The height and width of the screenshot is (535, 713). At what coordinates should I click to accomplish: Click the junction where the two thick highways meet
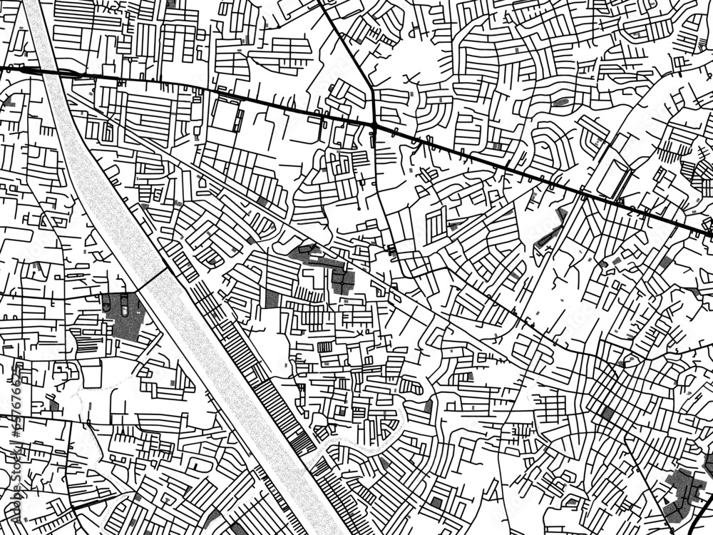[374, 126]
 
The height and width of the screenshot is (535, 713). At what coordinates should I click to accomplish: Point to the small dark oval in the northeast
[560, 102]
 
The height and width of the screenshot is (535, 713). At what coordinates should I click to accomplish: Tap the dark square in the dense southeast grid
[607, 412]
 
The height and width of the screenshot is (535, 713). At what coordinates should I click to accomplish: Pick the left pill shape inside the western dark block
[107, 305]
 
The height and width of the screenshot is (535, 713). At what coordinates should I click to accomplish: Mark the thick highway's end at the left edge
[3, 68]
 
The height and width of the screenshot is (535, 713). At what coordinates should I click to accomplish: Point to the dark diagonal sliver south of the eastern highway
[549, 232]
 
